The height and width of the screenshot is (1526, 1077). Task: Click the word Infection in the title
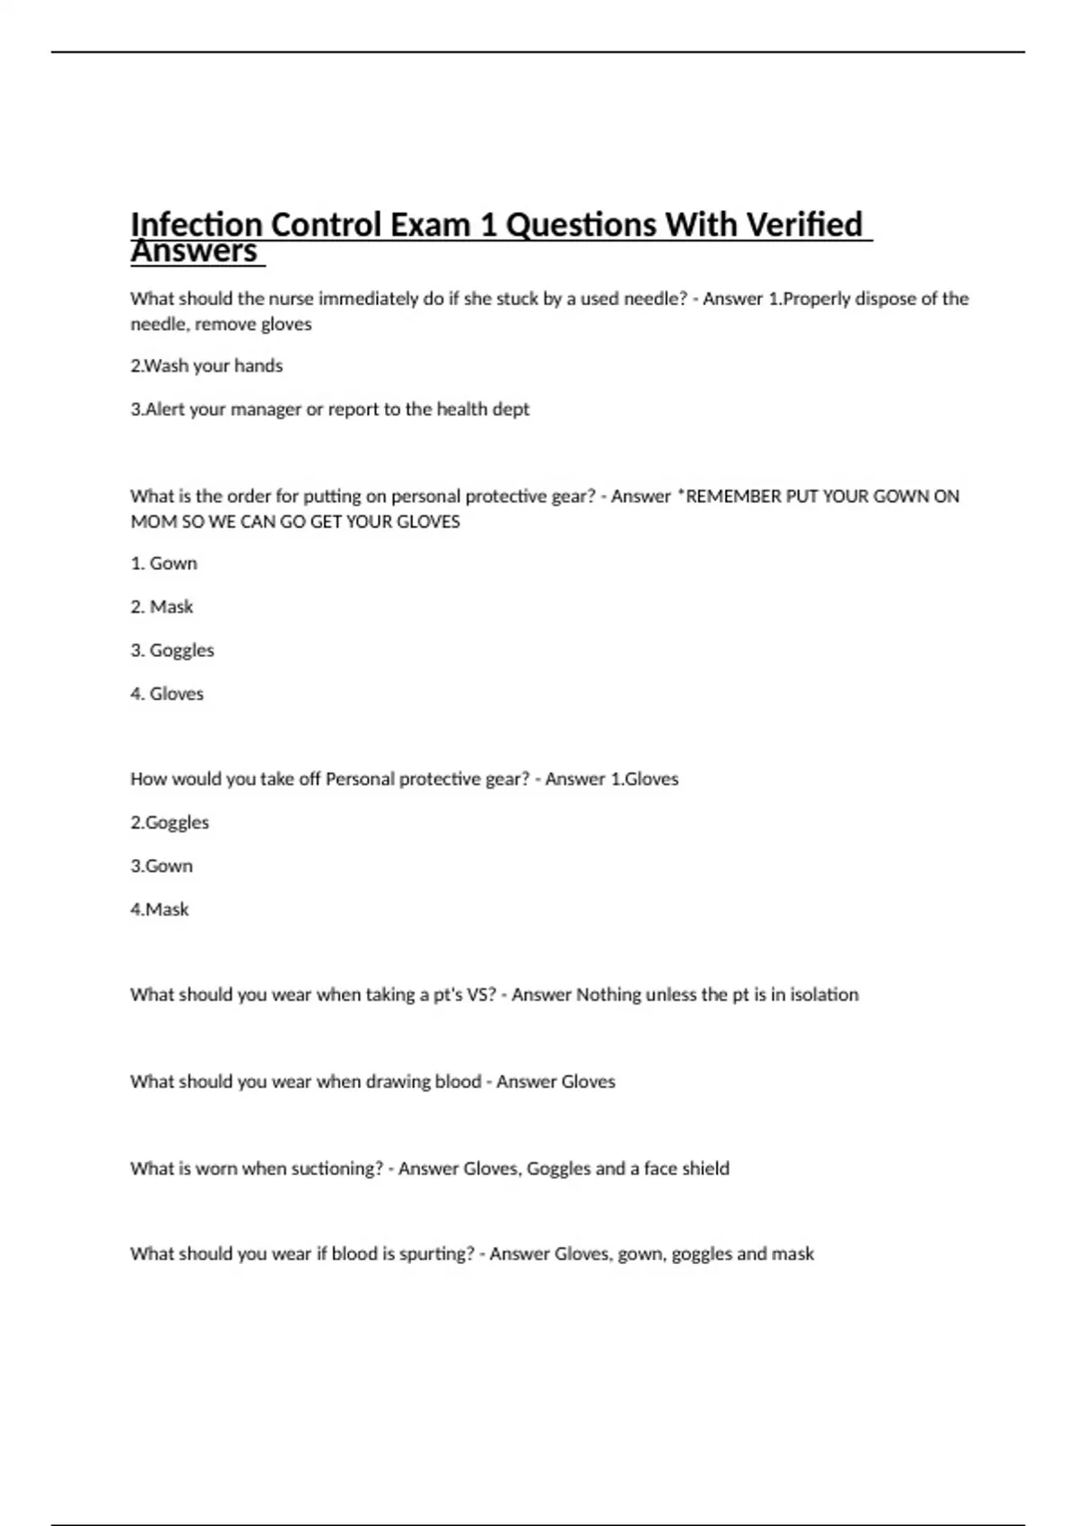(x=196, y=224)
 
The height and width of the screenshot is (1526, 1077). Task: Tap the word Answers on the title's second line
(x=194, y=251)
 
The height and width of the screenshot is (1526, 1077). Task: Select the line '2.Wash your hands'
(x=206, y=366)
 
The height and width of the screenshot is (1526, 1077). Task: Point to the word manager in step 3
(x=266, y=409)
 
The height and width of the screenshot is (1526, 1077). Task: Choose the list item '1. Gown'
(x=163, y=564)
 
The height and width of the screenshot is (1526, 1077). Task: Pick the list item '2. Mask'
(x=162, y=607)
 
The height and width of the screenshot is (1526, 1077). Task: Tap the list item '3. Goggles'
(x=172, y=650)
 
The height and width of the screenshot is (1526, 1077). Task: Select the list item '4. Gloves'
(x=167, y=694)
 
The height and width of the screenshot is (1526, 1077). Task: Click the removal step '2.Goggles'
(x=170, y=822)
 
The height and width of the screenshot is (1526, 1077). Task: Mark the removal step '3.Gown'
(x=162, y=866)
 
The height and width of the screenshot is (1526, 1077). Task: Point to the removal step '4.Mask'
(x=160, y=909)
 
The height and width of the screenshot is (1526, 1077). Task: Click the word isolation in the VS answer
(x=824, y=995)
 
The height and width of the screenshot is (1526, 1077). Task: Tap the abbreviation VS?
(x=481, y=995)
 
